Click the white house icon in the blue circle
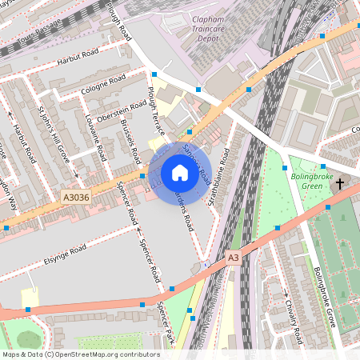(179, 172)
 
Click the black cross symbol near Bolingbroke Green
(339, 184)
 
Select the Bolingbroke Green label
(306, 181)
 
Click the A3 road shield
(233, 258)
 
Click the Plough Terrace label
(154, 111)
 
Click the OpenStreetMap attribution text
(80, 354)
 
